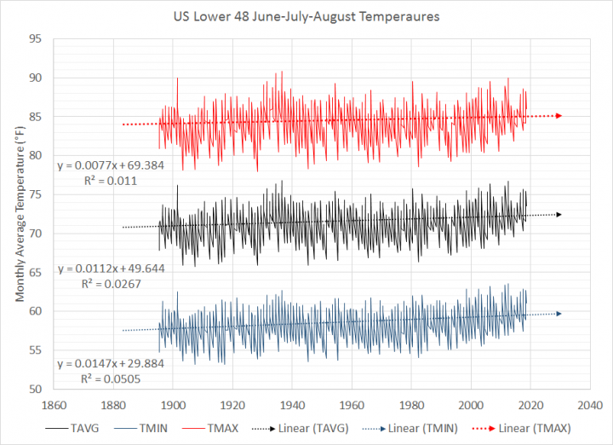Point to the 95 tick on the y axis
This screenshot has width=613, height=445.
point(37,39)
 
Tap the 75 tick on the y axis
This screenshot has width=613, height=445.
point(37,194)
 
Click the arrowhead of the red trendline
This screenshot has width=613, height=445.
point(559,115)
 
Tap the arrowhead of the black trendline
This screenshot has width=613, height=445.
point(559,215)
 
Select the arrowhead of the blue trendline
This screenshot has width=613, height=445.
point(559,314)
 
